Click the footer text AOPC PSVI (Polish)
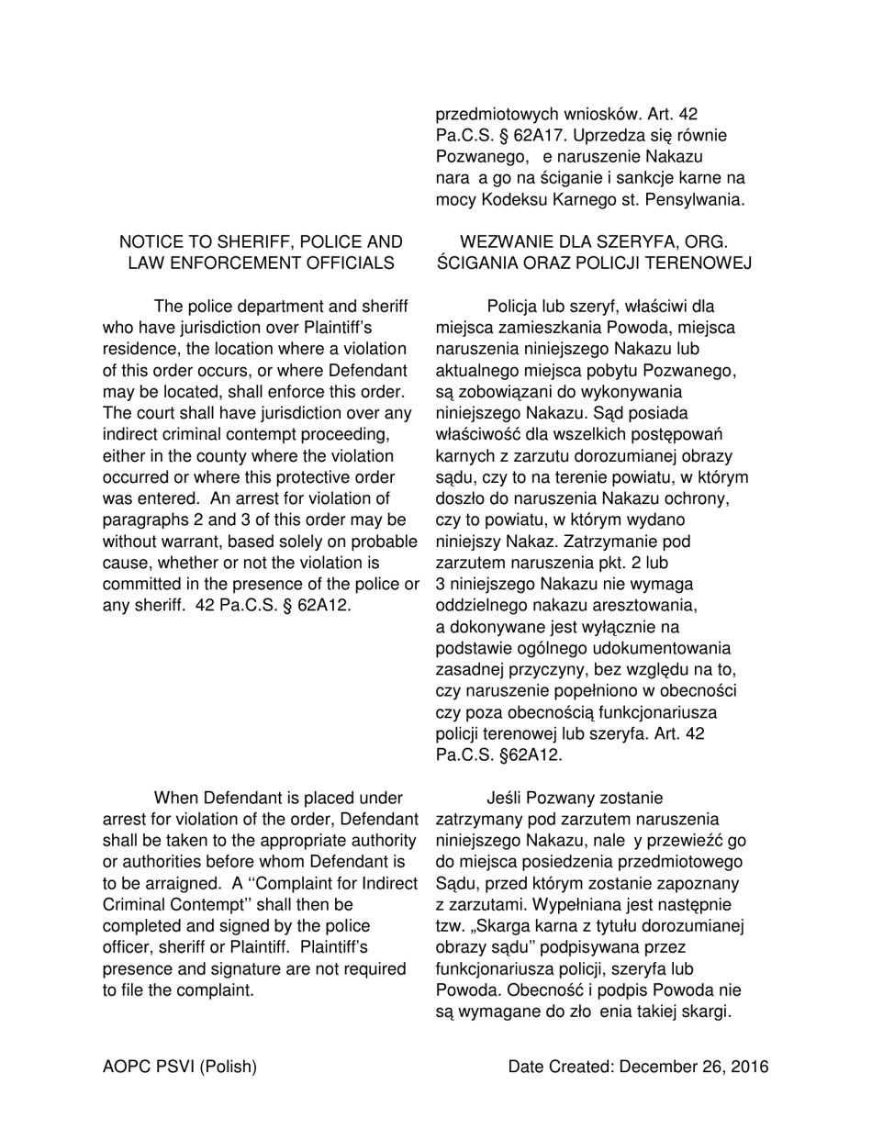(180, 1067)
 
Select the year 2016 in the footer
(750, 1067)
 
